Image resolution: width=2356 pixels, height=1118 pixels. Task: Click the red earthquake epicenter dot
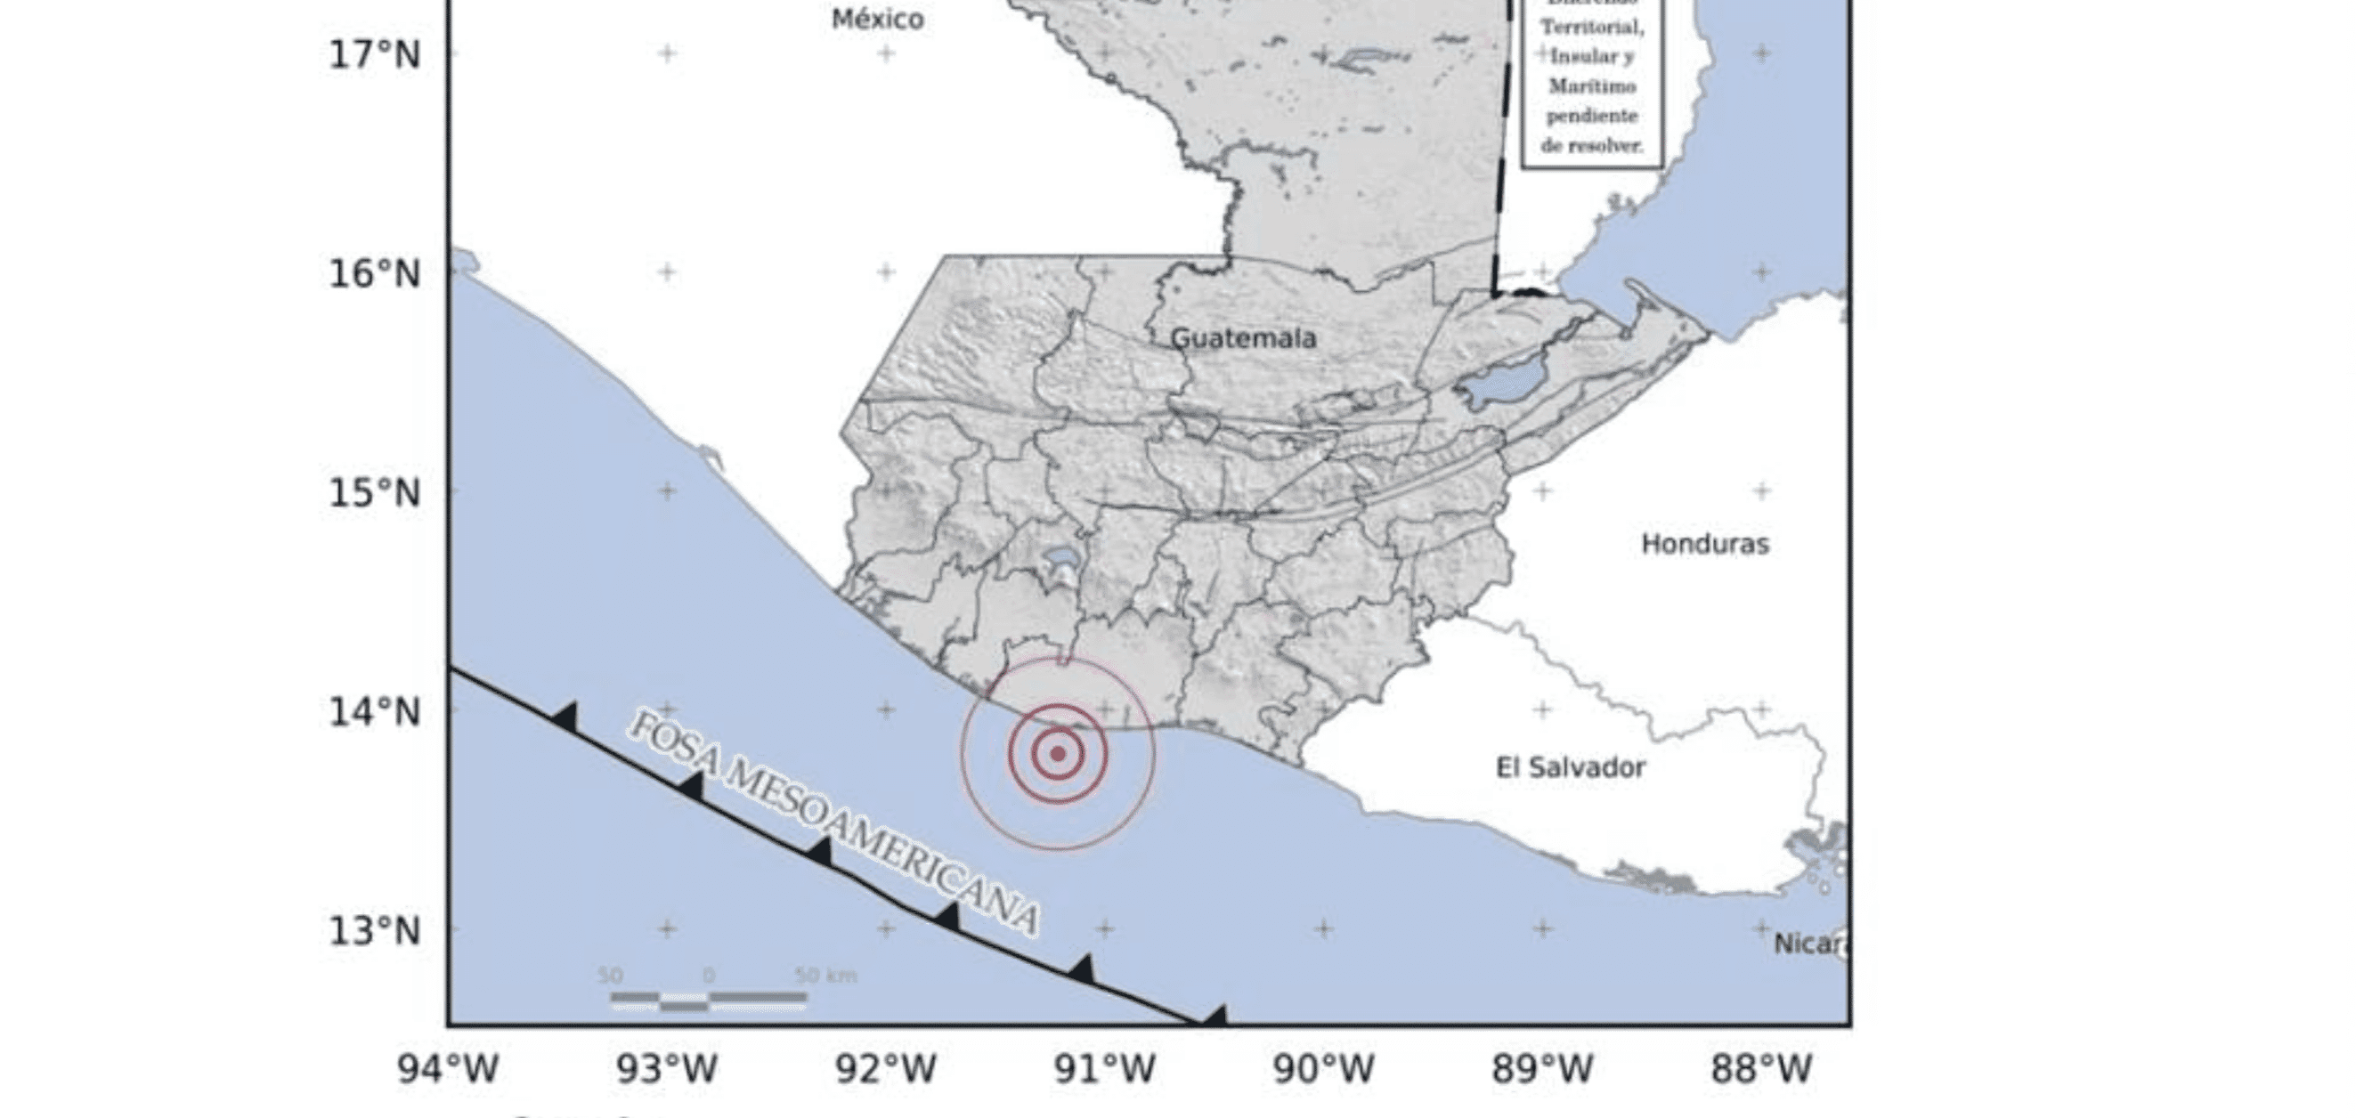point(1058,754)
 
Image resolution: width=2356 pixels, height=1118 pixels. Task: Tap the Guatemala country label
point(1244,338)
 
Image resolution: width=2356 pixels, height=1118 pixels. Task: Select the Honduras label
point(1705,544)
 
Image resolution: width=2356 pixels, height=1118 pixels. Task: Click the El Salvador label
point(1571,767)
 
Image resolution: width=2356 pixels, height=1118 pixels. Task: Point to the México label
point(877,20)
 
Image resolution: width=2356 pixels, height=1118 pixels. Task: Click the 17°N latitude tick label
point(375,55)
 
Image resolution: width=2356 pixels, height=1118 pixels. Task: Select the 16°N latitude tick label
point(375,273)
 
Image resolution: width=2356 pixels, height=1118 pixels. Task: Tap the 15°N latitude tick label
point(375,493)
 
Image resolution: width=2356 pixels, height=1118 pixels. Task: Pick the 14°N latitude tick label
point(375,711)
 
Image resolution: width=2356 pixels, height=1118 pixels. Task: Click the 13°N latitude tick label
point(375,930)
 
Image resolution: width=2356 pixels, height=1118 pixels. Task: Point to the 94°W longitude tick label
point(448,1069)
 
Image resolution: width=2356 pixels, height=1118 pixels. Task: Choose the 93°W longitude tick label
point(667,1069)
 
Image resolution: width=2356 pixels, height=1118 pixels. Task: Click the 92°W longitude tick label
point(885,1069)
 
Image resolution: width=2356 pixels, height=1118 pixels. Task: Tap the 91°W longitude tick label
point(1105,1069)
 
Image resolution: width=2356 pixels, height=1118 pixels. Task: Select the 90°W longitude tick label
point(1323,1069)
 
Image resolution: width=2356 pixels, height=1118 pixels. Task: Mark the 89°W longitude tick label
point(1543,1069)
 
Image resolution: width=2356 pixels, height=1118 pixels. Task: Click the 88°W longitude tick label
point(1761,1069)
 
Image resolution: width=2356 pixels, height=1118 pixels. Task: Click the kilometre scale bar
point(709,999)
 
